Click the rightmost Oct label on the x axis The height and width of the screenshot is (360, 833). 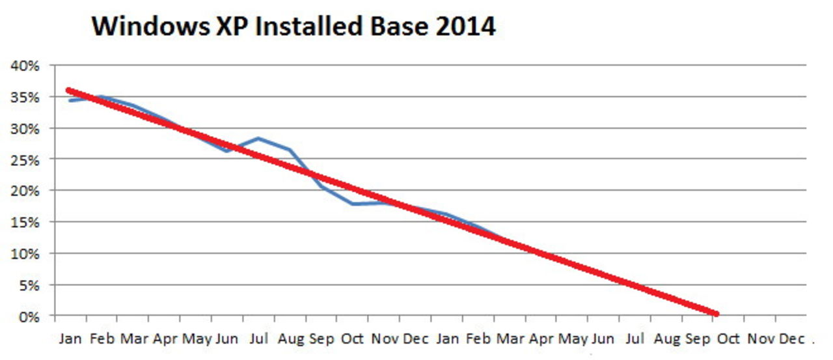pyautogui.click(x=728, y=339)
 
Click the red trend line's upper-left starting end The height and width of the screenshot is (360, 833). pyautogui.click(x=69, y=90)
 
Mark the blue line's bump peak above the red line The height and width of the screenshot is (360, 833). pyautogui.click(x=258, y=138)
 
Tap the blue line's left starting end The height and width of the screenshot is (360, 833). pyautogui.click(x=69, y=100)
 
